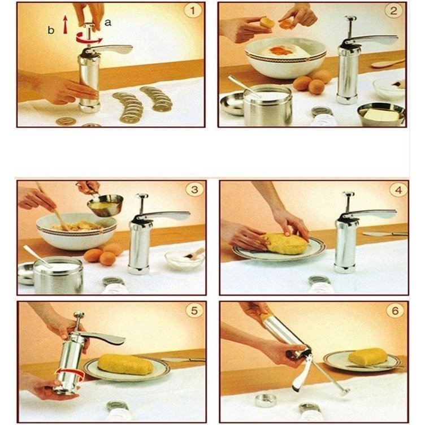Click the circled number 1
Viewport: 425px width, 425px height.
193,11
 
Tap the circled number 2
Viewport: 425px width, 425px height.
393,11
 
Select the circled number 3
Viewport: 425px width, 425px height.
194,189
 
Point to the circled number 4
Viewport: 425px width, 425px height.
398,190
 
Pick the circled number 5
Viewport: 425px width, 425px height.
194,311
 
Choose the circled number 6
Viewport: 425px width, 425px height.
395,311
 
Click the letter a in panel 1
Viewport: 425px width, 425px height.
108,23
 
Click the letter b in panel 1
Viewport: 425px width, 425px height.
51,30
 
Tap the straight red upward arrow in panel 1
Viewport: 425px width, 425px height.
65,24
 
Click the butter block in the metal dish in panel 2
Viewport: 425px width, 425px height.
381,116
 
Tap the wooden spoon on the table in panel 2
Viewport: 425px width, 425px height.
388,64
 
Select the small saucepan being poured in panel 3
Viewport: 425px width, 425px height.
105,205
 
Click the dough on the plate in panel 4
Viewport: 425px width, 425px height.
286,244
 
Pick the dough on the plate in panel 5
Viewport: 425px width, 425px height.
125,364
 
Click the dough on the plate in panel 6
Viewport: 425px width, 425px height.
368,357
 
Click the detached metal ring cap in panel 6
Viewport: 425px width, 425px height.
266,401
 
